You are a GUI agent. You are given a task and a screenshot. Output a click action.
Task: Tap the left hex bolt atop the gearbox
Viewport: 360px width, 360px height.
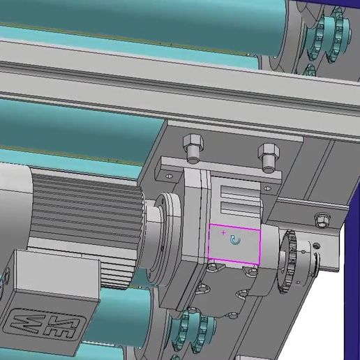click(192, 149)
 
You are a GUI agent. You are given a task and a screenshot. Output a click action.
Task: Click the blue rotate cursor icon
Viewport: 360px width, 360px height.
click(235, 241)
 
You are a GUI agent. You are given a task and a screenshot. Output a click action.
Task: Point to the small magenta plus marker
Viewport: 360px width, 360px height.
click(223, 232)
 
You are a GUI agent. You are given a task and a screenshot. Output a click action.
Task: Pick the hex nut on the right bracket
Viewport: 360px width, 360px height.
click(322, 220)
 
